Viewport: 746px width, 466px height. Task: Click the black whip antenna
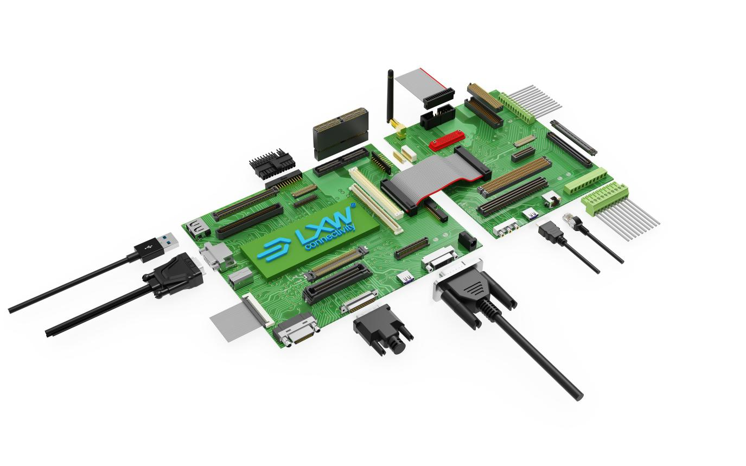(x=390, y=97)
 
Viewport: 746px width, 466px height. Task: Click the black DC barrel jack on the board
(x=466, y=239)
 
